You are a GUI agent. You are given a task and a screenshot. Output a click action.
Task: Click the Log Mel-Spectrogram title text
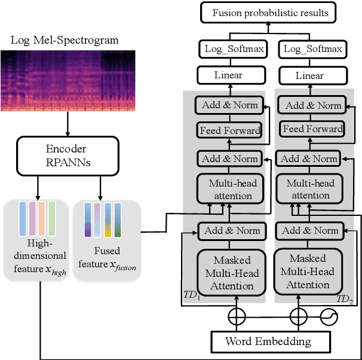(x=65, y=41)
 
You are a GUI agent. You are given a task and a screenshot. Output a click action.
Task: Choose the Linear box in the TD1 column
(x=228, y=75)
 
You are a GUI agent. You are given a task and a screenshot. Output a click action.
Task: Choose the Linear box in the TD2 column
(x=309, y=75)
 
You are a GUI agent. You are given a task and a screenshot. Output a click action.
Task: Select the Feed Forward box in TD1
(x=230, y=130)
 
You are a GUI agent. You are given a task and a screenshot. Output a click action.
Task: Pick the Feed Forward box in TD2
(x=312, y=129)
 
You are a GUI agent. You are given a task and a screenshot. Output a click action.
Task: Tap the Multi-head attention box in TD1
(x=231, y=189)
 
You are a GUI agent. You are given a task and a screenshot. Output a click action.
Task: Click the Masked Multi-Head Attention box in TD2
(x=308, y=272)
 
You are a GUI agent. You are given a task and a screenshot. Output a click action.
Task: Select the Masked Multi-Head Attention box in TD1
(x=232, y=273)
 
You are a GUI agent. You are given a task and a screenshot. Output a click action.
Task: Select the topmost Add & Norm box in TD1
(x=230, y=105)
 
